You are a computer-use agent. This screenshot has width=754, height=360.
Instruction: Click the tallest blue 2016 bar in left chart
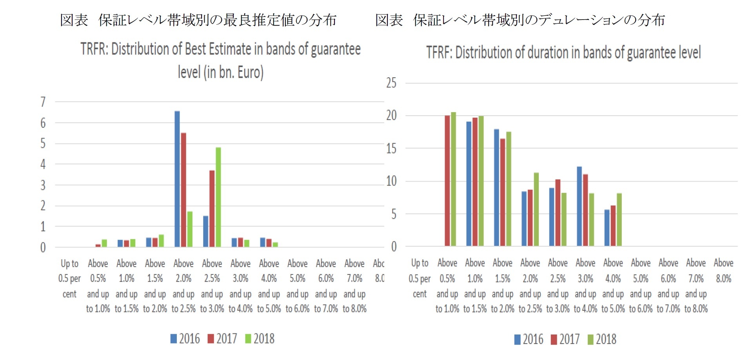pyautogui.click(x=177, y=179)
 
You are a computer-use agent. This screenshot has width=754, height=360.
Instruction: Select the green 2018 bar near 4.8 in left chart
pyautogui.click(x=218, y=197)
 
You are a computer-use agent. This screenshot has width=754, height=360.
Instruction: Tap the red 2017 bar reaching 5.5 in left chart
pyautogui.click(x=184, y=190)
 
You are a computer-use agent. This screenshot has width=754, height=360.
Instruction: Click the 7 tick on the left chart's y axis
pyautogui.click(x=43, y=102)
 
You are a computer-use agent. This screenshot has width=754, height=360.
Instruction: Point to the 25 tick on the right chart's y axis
pyautogui.click(x=391, y=83)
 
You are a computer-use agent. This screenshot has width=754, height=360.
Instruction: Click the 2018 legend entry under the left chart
pyautogui.click(x=260, y=339)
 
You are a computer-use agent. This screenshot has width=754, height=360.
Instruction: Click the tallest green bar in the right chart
pyautogui.click(x=453, y=179)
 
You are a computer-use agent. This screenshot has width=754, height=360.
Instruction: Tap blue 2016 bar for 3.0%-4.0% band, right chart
pyautogui.click(x=579, y=207)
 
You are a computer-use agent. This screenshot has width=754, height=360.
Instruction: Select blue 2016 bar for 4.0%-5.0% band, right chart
pyautogui.click(x=607, y=228)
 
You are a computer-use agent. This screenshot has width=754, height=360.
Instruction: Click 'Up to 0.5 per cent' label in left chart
pyautogui.click(x=69, y=278)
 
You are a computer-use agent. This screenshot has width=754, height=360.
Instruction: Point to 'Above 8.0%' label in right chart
pyautogui.click(x=723, y=271)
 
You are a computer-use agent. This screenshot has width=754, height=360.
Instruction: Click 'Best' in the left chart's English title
pyautogui.click(x=196, y=49)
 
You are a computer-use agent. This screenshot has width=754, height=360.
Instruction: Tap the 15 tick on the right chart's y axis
pyautogui.click(x=391, y=149)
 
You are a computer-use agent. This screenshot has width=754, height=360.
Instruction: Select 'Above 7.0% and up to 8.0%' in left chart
pyautogui.click(x=354, y=286)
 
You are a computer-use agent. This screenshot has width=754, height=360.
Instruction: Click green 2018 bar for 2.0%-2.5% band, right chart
pyautogui.click(x=536, y=209)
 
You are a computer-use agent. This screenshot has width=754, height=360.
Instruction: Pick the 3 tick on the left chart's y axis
pyautogui.click(x=43, y=185)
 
